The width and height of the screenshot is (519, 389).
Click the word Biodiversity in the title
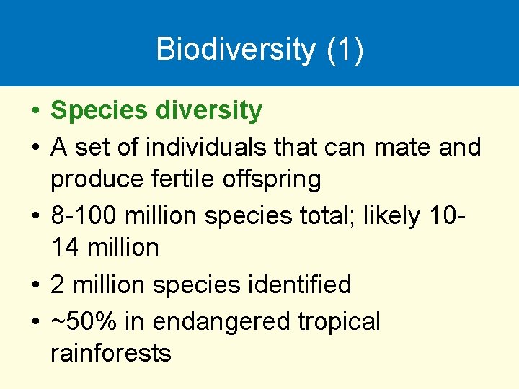[236, 49]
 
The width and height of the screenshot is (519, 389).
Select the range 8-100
[86, 215]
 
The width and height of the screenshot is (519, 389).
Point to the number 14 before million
[65, 248]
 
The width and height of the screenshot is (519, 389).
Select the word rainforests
[111, 353]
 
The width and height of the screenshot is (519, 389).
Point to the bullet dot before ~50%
[35, 321]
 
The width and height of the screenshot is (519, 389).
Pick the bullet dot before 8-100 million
[35, 215]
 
